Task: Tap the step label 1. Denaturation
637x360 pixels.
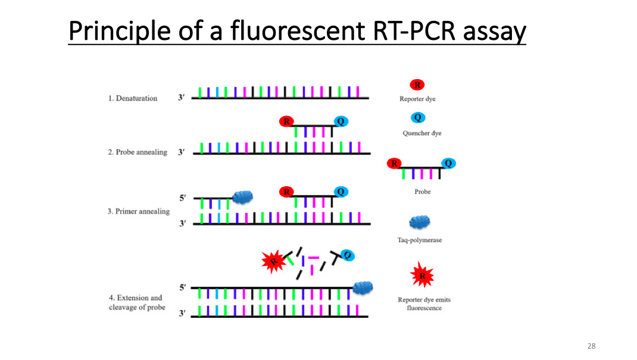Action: [133, 98]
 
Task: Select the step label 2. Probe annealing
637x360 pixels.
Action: [138, 152]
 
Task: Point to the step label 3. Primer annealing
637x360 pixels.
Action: [139, 211]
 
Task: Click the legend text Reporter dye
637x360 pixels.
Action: [417, 99]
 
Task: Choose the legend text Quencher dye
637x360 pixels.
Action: [421, 133]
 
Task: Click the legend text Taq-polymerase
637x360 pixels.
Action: [420, 240]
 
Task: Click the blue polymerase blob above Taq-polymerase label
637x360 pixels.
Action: [420, 223]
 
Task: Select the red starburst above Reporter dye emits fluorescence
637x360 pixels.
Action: [422, 275]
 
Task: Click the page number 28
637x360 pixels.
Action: [591, 346]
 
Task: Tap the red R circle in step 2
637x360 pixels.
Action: [287, 121]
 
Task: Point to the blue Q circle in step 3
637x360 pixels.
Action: [341, 192]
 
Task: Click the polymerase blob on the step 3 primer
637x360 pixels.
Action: [242, 198]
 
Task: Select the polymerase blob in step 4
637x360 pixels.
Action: [363, 288]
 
